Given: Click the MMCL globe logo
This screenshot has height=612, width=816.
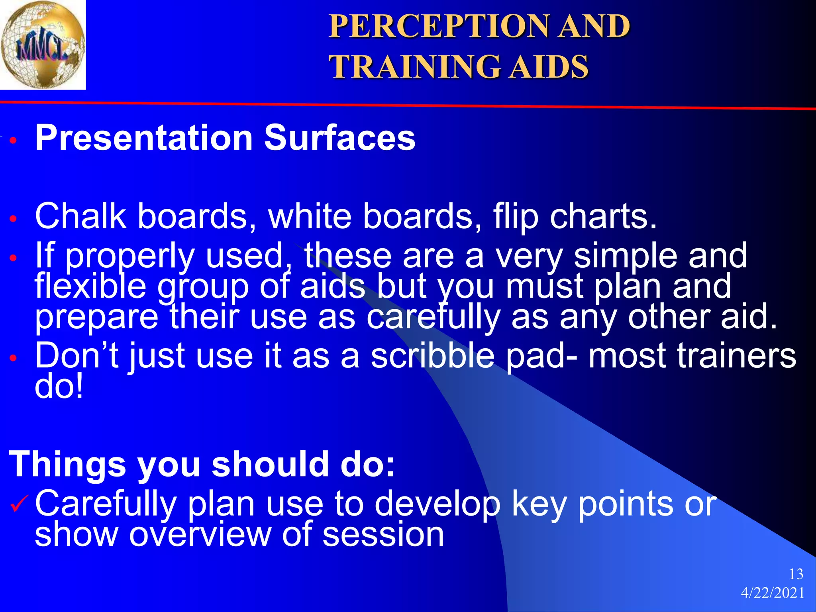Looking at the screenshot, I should pyautogui.click(x=43, y=45).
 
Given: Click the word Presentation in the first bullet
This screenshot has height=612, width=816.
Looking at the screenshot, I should pyautogui.click(x=144, y=138).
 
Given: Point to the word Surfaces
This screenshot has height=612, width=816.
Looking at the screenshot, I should pyautogui.click(x=339, y=138).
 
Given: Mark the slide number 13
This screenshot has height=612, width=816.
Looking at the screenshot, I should pyautogui.click(x=796, y=574).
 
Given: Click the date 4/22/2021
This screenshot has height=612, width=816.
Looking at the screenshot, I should pyautogui.click(x=773, y=593).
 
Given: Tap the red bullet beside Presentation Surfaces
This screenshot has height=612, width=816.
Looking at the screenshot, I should pyautogui.click(x=14, y=141).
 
